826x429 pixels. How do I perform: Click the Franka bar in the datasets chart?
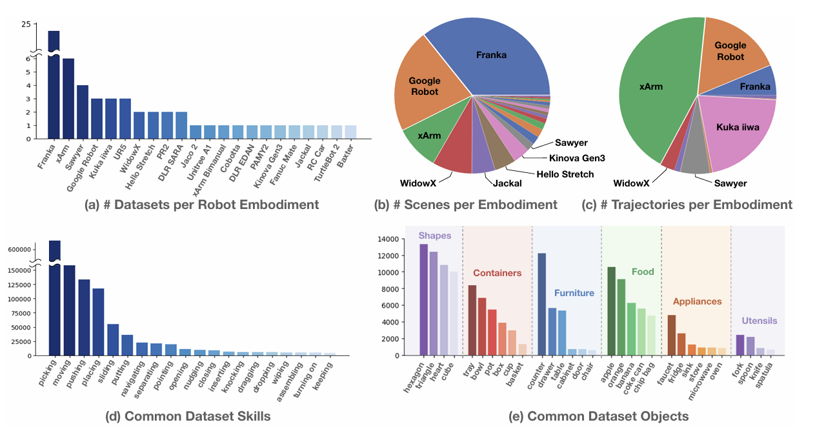54,84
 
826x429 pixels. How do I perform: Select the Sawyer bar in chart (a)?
83,112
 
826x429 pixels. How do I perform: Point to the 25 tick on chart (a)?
26,25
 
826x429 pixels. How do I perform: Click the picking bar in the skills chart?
55,297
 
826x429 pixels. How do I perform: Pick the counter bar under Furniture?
542,304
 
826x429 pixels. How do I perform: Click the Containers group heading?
497,273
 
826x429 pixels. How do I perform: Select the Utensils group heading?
760,321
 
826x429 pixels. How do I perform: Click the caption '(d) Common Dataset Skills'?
188,416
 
